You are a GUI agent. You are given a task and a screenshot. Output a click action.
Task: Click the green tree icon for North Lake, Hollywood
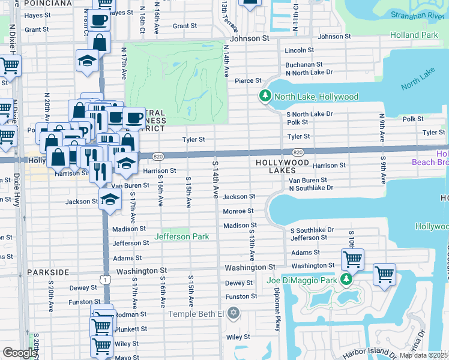coord(265,96)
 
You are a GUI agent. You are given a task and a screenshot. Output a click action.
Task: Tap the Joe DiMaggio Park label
coord(301,280)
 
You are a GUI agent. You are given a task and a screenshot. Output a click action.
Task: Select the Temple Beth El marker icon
coord(234,313)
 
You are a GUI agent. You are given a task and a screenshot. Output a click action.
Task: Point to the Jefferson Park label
coord(181,236)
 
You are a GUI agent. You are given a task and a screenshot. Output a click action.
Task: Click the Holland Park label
coord(414,35)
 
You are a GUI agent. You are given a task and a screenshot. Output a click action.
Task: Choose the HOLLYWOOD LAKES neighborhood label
coord(282,163)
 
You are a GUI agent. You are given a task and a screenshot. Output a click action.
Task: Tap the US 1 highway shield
coord(106,280)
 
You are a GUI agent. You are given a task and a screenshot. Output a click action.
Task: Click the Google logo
coord(20,353)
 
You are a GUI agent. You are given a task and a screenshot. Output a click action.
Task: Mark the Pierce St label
coord(248,80)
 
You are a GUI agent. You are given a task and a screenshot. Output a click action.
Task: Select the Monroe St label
coord(238,211)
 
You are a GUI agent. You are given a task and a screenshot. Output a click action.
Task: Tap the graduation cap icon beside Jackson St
coord(109,200)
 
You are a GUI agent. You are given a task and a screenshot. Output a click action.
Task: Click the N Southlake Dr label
coord(310,188)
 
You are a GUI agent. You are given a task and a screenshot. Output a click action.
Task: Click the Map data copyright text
coord(423,355)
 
